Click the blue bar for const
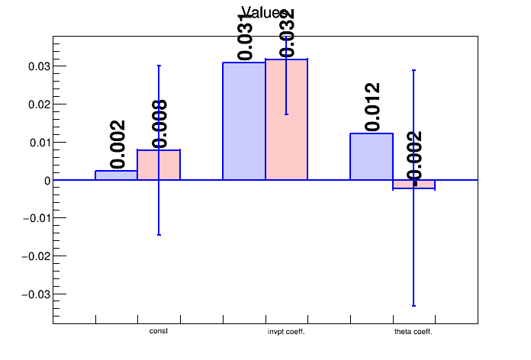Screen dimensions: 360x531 pos(116,175)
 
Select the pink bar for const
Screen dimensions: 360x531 pos(159,165)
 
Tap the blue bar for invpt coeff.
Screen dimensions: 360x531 pos(244,121)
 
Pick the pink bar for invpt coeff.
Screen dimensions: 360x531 pos(286,120)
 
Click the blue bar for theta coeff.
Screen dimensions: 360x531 pos(372,157)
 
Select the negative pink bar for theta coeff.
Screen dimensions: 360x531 pos(414,185)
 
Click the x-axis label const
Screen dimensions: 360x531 pos(159,331)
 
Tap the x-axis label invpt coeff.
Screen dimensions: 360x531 pos(286,332)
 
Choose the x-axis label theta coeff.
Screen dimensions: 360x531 pos(414,332)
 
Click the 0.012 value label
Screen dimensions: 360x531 pos(372,107)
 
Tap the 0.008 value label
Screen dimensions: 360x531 pos(159,124)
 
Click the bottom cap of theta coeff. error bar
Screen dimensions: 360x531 pos(414,306)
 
